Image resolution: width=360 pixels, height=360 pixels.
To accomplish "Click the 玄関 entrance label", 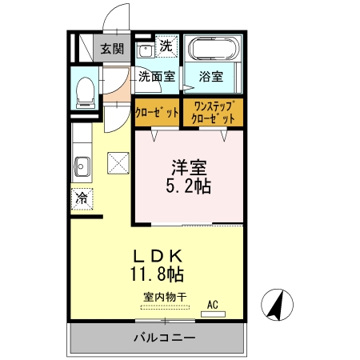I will point(112,49).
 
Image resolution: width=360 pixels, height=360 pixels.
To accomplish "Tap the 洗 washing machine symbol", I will point(166,46).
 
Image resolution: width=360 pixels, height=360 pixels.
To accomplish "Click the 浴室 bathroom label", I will point(211,78).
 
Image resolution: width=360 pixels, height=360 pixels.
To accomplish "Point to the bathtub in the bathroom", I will point(211,50).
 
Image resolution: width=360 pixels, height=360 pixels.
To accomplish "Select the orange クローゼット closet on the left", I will point(156,112).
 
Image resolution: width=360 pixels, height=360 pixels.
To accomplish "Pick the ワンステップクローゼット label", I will point(214,112).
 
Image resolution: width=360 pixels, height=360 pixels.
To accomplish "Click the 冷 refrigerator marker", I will point(82,198).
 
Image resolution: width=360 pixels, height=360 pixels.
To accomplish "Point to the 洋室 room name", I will point(190,169).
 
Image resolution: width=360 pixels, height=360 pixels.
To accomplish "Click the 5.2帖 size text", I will point(190,188).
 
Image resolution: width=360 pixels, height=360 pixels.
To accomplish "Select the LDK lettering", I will point(158,256).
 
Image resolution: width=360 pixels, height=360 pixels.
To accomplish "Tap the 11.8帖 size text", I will point(158,274).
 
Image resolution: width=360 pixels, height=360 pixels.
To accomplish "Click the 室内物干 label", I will point(165,298).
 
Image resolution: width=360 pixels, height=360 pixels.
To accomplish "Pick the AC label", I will point(213,305).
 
